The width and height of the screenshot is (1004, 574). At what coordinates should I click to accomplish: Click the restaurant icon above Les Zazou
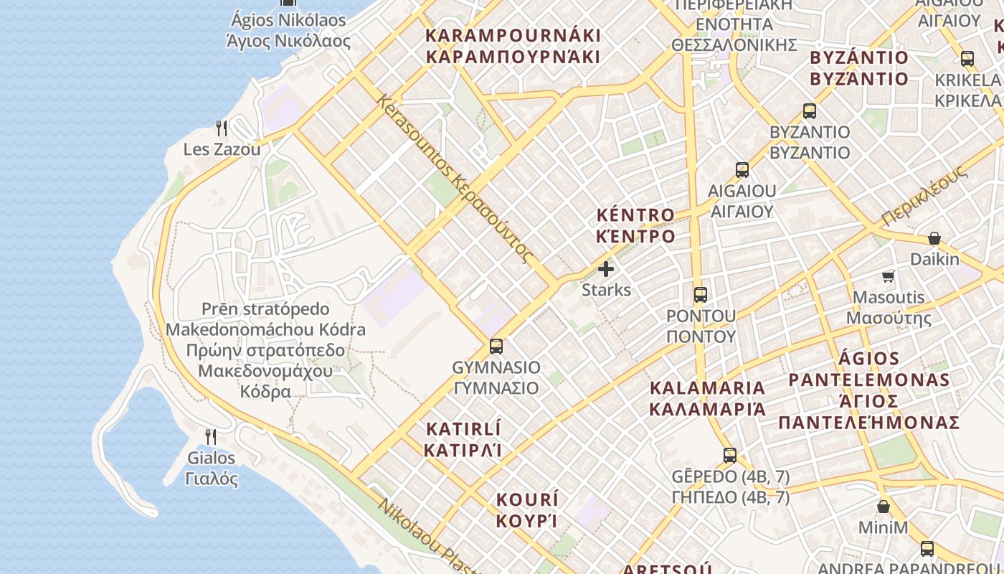[x=222, y=128]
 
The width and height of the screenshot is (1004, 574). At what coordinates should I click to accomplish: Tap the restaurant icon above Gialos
[x=211, y=437]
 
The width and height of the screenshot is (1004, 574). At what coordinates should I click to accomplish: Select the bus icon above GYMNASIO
[x=496, y=347]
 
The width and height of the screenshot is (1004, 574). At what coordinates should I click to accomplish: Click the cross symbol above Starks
[x=606, y=270]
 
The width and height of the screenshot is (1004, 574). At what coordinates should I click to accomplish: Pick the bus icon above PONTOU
[x=701, y=295]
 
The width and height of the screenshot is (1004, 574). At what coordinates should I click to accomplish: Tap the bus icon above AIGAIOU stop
[x=742, y=170]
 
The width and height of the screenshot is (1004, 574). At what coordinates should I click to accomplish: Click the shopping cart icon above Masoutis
[x=889, y=276]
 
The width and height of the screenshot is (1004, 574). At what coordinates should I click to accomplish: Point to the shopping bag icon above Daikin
[x=934, y=238]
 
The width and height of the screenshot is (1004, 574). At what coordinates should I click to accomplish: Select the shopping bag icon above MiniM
[x=884, y=507]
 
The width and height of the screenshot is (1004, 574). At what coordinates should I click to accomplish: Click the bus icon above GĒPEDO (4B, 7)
[x=730, y=456]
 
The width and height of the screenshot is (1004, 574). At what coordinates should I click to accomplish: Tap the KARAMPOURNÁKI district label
[x=512, y=46]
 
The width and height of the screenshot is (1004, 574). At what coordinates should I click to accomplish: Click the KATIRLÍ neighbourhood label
[x=463, y=440]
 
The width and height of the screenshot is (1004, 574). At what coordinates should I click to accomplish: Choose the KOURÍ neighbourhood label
[x=527, y=510]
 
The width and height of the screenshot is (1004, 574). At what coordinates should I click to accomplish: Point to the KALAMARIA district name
[x=707, y=398]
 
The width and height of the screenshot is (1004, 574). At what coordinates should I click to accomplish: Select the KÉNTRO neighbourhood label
[x=635, y=225]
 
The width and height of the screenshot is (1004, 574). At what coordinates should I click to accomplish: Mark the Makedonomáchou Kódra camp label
[x=265, y=350]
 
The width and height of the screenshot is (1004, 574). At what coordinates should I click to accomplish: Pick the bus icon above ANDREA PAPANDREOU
[x=927, y=549]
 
